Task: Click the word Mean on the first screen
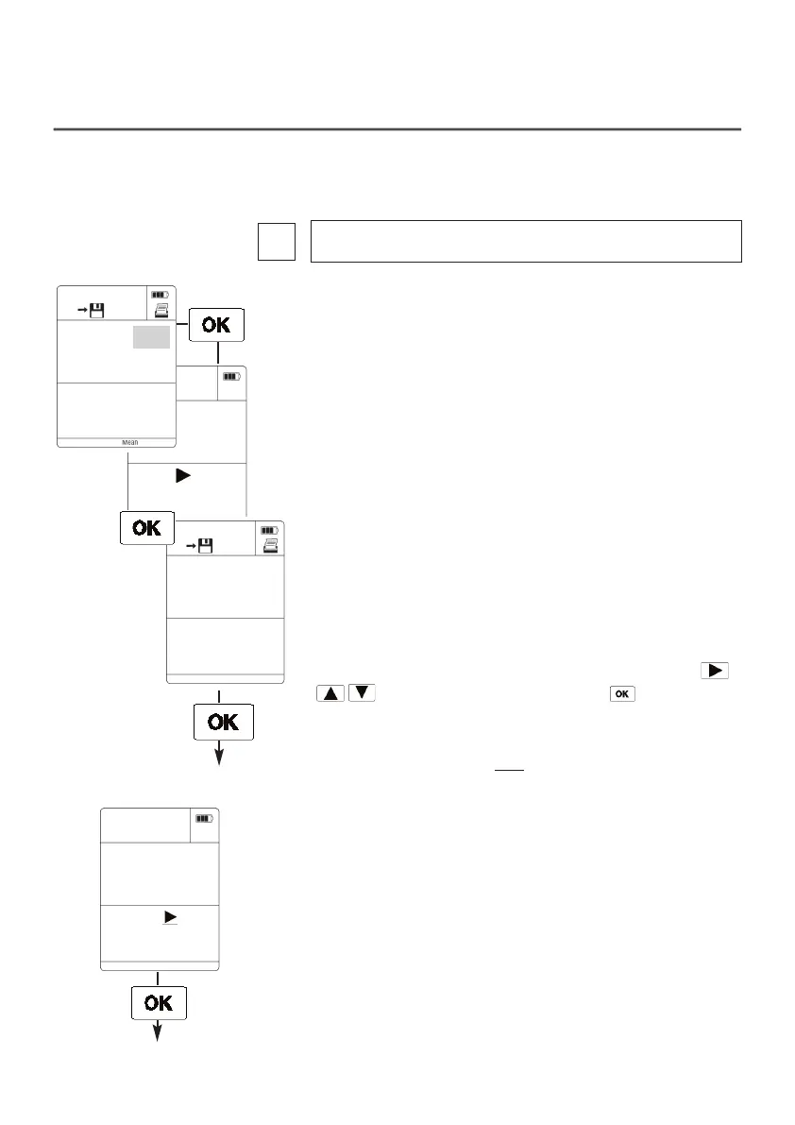(130, 442)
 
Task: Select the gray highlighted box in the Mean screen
(151, 337)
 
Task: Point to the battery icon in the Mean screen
(160, 294)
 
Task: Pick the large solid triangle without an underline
(182, 477)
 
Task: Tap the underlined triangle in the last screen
(170, 917)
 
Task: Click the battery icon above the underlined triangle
(205, 818)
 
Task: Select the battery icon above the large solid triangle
(231, 376)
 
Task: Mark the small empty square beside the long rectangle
(276, 241)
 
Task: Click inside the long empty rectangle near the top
(526, 241)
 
